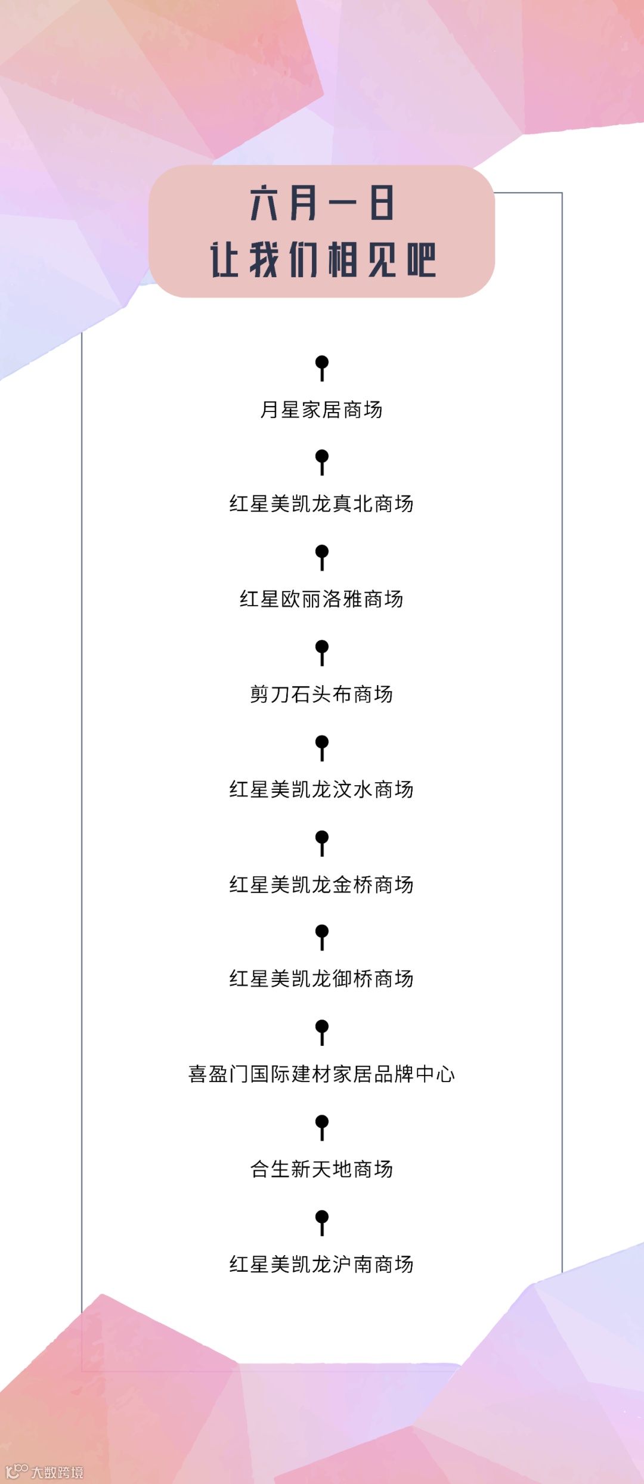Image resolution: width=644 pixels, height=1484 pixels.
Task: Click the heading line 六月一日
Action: click(x=322, y=203)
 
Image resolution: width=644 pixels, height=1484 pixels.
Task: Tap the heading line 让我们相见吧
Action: click(x=323, y=259)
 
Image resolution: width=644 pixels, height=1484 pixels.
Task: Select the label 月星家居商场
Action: click(x=321, y=410)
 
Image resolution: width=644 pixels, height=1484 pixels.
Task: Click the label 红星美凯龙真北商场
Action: click(x=321, y=504)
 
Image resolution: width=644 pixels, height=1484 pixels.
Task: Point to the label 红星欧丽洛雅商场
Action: click(x=321, y=599)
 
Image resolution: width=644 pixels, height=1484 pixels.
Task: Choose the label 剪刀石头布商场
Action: click(x=321, y=694)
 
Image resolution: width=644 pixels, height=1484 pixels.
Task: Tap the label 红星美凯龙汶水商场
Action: click(x=321, y=789)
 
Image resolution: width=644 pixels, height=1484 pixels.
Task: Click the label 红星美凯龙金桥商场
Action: click(x=321, y=885)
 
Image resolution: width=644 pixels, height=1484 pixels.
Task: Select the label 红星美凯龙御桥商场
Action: click(x=321, y=979)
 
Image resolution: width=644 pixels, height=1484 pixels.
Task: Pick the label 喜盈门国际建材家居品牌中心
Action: click(x=321, y=1074)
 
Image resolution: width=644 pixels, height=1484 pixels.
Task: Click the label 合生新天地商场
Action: click(x=321, y=1169)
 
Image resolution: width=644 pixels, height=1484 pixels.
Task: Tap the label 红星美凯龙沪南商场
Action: click(x=321, y=1264)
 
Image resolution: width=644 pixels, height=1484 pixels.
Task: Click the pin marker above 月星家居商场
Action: click(x=322, y=367)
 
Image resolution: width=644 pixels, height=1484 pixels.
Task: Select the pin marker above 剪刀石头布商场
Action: click(x=322, y=652)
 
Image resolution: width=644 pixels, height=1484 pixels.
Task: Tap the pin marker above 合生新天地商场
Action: click(x=322, y=1127)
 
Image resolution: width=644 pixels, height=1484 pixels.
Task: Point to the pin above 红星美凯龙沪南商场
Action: click(x=322, y=1222)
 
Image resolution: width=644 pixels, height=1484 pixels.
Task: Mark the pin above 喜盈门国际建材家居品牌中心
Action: click(x=322, y=1032)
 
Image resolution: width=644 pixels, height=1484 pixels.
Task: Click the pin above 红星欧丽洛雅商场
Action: click(x=322, y=557)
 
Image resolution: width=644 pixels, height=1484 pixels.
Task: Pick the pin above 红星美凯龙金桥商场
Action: click(x=322, y=842)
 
